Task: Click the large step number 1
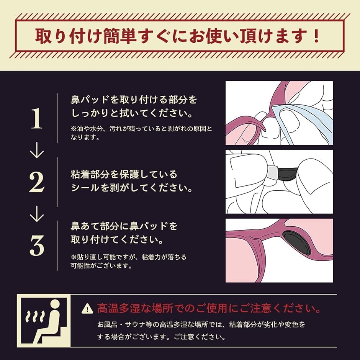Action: click(37, 118)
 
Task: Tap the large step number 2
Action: click(37, 182)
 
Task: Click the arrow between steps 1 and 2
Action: click(37, 151)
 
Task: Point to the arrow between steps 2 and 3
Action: click(37, 214)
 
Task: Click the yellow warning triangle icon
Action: click(87, 308)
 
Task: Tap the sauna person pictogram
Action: click(44, 321)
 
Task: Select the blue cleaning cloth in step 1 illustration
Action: click(305, 124)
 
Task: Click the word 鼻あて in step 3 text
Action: click(85, 226)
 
